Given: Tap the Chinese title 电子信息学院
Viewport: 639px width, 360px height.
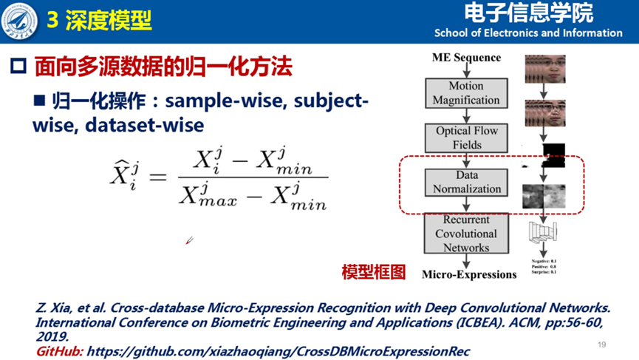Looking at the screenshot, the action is pos(528,13).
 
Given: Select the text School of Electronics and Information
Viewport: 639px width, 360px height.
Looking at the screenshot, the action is pos(528,33).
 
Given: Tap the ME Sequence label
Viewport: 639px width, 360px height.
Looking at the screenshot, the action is pos(466,58).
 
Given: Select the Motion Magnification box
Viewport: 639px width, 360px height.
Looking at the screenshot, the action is pos(466,92).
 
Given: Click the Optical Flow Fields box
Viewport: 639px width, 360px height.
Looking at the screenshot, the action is pos(466,137).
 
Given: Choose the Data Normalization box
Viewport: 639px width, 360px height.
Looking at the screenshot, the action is pos(466,182).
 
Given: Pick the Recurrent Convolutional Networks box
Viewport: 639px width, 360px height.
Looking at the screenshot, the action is pos(466,234).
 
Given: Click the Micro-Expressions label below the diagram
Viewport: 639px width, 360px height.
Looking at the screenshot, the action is pos(469,274).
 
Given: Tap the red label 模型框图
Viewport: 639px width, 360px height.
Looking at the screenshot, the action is pos(374,272).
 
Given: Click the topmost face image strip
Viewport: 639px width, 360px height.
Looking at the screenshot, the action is pos(544,69).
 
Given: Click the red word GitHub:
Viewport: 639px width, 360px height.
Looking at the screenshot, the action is pos(59,351).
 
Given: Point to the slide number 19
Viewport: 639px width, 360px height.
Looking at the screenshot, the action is pos(601,345).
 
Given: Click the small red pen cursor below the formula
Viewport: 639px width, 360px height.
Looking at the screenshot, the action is pos(189,241).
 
